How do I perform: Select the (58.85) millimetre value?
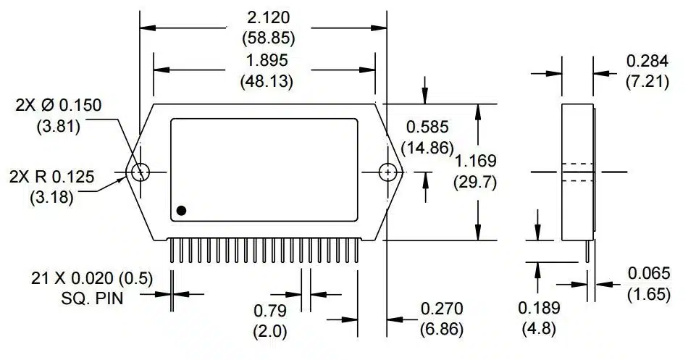coord(267,38)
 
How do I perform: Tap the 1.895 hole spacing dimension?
coord(267,60)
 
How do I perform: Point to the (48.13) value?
coord(267,81)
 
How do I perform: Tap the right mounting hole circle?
coord(390,172)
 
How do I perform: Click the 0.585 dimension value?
coord(426,127)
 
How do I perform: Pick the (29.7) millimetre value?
coord(475,181)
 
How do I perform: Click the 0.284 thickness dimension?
coord(646,60)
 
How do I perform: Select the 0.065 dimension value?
coord(649,273)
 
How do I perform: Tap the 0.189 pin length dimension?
coord(539,308)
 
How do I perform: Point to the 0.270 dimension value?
coord(442,309)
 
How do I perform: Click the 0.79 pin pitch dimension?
coord(270,311)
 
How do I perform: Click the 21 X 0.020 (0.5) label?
coord(92,278)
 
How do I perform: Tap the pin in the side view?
coord(587,251)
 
